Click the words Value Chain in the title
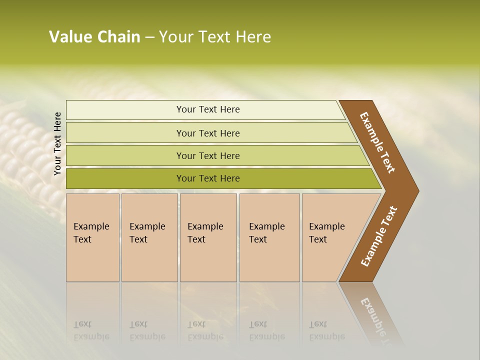coord(94,37)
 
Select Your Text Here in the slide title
coord(215,37)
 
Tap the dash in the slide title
coord(149,37)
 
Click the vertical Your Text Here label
coord(57,144)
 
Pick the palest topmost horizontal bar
coord(207,109)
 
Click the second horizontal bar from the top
coord(207,133)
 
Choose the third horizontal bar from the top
coord(207,155)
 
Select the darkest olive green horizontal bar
coord(207,178)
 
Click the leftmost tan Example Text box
coord(92,237)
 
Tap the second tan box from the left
coord(149,237)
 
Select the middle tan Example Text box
coord(208,237)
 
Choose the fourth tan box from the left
coord(269,237)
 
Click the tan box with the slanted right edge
coord(330,237)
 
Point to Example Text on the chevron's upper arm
coord(377,142)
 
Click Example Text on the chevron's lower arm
coord(379,236)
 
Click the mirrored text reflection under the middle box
coord(205,330)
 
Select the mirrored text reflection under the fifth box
coord(326,330)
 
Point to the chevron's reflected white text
coord(375,317)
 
